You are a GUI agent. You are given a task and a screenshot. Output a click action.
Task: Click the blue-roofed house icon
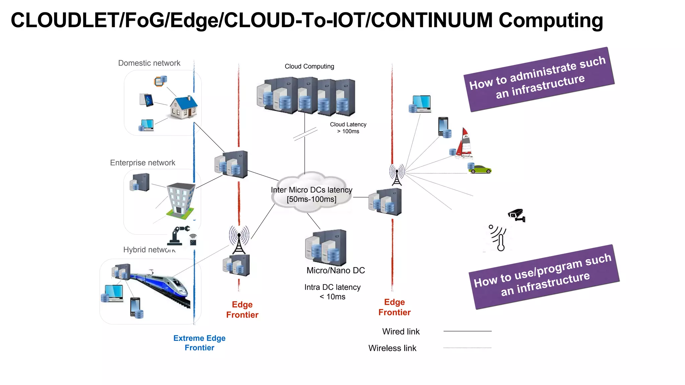point(183,107)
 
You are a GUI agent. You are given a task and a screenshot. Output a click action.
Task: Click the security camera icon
point(517,215)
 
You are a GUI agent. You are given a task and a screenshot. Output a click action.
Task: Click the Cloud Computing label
point(309,66)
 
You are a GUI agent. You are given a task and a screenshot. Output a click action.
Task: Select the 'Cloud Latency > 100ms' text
point(348,128)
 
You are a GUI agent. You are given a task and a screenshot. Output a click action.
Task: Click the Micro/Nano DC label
point(335,270)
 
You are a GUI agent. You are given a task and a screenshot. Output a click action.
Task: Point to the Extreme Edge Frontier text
point(199,343)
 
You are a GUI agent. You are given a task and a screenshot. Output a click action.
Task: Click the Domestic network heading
point(149,63)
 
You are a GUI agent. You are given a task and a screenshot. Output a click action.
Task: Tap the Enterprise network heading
point(142,163)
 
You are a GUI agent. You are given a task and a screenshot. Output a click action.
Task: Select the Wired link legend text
point(401,332)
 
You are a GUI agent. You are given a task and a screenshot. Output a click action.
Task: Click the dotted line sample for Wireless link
point(467,348)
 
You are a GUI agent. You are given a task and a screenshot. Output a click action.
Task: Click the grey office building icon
point(181,201)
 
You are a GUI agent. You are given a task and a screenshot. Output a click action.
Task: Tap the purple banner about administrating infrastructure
point(539,80)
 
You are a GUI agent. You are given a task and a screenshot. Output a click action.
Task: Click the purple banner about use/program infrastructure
point(544,277)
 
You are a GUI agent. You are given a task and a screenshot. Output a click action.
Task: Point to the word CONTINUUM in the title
point(432,20)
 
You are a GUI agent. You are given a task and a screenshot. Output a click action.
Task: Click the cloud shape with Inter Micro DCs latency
point(311,194)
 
